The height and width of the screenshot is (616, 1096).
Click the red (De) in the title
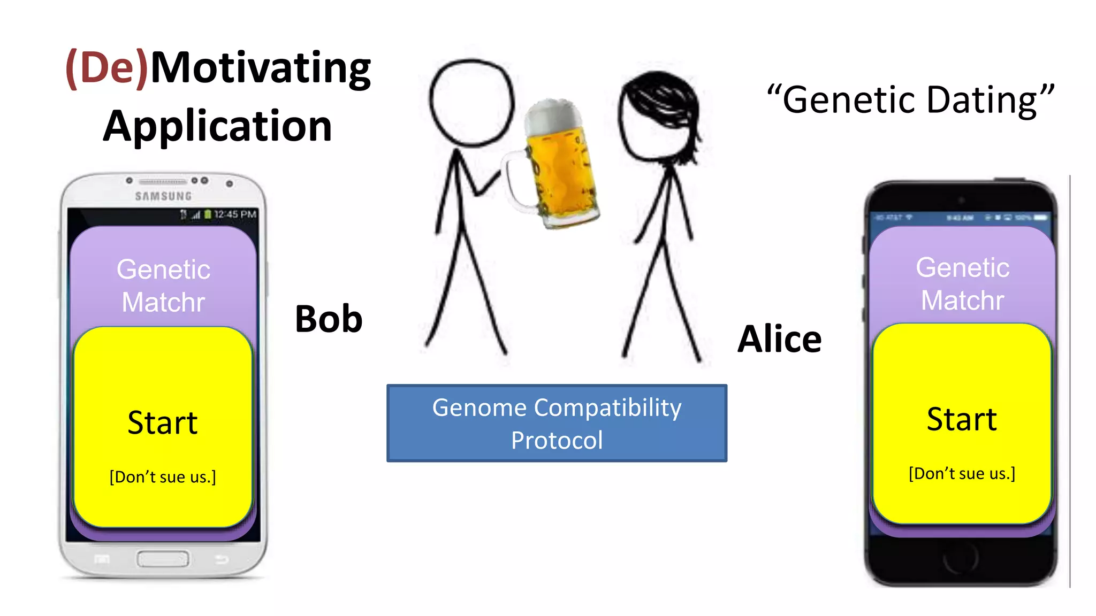(x=106, y=68)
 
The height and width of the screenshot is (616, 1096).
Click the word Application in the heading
(x=218, y=127)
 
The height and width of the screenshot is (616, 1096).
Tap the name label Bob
(x=329, y=319)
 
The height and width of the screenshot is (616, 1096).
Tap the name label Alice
(x=779, y=340)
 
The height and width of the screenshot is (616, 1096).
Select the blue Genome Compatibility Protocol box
(x=557, y=423)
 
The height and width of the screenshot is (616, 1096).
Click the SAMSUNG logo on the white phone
(x=163, y=196)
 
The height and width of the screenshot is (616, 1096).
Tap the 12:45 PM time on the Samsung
(x=235, y=214)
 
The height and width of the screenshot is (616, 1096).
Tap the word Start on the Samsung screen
(x=163, y=423)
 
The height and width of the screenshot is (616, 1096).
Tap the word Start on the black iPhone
(x=962, y=419)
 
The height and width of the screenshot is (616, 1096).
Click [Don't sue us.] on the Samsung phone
(x=163, y=477)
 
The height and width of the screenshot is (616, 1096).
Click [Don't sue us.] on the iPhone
(x=962, y=474)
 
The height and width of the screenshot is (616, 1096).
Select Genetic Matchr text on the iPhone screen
(x=962, y=284)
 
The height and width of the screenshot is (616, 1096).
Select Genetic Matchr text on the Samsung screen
(x=163, y=286)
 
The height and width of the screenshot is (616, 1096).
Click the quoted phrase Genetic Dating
(x=910, y=101)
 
